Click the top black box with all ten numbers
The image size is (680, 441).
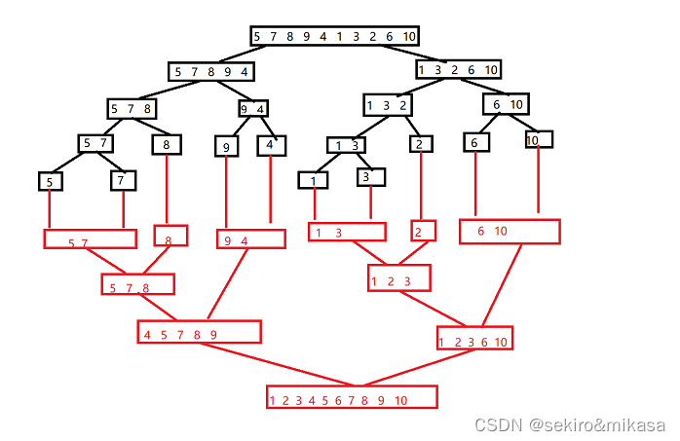[334, 37]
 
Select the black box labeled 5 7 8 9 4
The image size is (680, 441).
[211, 71]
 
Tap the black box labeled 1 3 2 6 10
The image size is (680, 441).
[458, 69]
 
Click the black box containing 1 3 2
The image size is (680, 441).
[387, 104]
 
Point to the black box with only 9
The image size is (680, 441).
[227, 146]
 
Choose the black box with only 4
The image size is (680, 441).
[270, 146]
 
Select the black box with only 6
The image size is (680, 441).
[475, 142]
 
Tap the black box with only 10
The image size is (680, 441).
[539, 140]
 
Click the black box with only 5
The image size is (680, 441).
[50, 181]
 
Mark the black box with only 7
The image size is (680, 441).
[123, 180]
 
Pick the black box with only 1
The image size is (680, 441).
[313, 180]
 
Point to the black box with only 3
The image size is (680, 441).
[370, 177]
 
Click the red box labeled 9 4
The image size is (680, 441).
[250, 239]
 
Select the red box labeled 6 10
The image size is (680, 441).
[510, 232]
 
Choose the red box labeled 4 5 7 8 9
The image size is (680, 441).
[200, 332]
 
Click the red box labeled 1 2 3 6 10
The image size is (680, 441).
[474, 338]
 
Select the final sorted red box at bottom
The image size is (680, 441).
[352, 397]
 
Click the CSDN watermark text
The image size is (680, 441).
[569, 424]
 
